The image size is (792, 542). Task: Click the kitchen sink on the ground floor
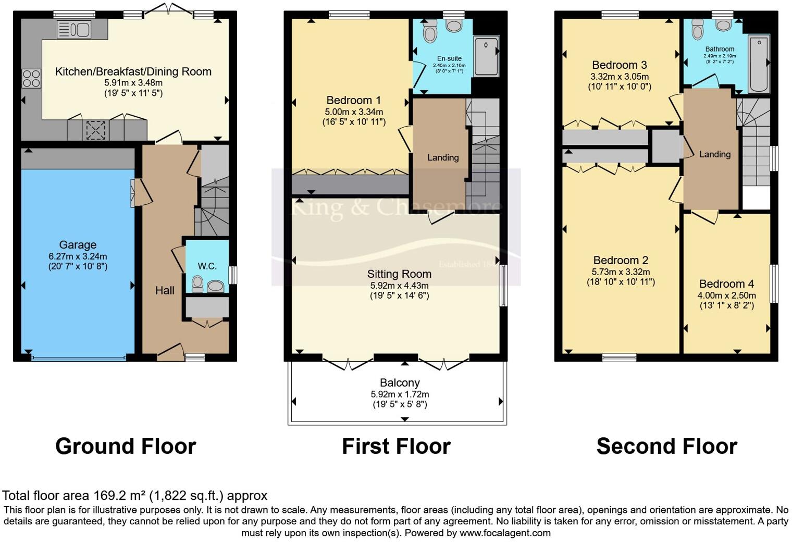[x=73, y=30]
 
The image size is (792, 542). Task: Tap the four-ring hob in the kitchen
[x=31, y=79]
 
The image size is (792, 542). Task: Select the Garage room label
[x=78, y=244]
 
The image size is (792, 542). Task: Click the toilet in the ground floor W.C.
[x=197, y=284]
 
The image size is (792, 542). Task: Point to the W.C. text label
[x=207, y=266]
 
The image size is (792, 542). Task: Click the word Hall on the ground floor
[x=165, y=290]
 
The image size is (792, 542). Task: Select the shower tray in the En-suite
[x=486, y=55]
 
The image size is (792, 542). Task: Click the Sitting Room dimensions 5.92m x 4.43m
[x=399, y=286]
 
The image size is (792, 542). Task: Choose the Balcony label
[x=400, y=383]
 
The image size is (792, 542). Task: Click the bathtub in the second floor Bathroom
[x=759, y=64]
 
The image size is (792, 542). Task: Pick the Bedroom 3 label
[x=620, y=65]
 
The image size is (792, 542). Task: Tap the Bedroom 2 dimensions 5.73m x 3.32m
[x=621, y=272]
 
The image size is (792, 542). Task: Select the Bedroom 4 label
[x=726, y=284]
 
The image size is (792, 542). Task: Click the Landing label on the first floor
[x=443, y=157]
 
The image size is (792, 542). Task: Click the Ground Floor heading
[x=126, y=447]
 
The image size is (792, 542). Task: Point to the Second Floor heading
[x=666, y=447]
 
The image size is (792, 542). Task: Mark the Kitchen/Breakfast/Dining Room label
[x=133, y=72]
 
